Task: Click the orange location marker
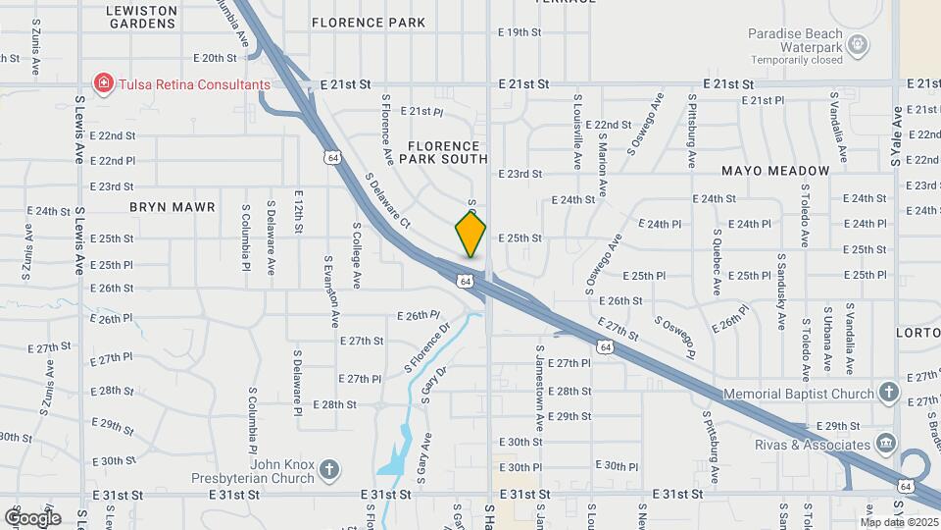(x=470, y=235)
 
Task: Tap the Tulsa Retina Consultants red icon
(x=103, y=83)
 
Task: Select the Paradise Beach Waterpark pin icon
(x=859, y=43)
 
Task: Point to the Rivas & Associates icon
(x=886, y=444)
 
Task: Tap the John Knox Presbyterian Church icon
(x=329, y=469)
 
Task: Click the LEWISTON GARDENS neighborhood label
(x=142, y=17)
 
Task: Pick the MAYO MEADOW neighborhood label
(x=775, y=171)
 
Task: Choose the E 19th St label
(x=520, y=32)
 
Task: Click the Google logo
(x=32, y=517)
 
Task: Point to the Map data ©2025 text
(x=898, y=520)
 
